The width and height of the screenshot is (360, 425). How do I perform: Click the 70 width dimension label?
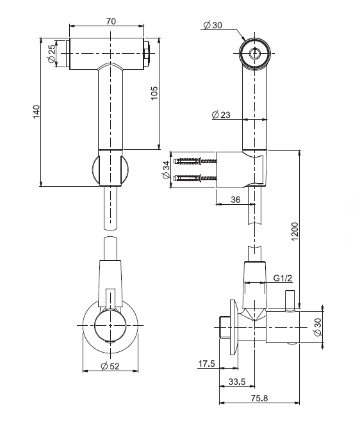pyautogui.click(x=111, y=21)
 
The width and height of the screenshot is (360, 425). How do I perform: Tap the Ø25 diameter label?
pyautogui.click(x=51, y=53)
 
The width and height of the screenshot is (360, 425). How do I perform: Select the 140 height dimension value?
pyautogui.click(x=37, y=111)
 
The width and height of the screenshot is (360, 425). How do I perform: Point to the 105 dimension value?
pyautogui.click(x=154, y=93)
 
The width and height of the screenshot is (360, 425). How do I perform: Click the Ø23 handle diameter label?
pyautogui.click(x=221, y=115)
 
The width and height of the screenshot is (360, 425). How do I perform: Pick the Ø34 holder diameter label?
pyautogui.click(x=166, y=170)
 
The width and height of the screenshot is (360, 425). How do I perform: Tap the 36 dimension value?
pyautogui.click(x=236, y=200)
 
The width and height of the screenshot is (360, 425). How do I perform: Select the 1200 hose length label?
pyautogui.click(x=295, y=231)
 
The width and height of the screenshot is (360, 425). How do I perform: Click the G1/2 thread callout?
pyautogui.click(x=282, y=278)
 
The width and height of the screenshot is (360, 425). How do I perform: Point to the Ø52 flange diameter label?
pyautogui.click(x=110, y=366)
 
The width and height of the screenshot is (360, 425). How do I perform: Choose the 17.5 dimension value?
pyautogui.click(x=206, y=364)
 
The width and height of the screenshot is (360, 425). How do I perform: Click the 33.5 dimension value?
pyautogui.click(x=237, y=381)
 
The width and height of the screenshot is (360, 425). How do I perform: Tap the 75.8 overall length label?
pyautogui.click(x=259, y=398)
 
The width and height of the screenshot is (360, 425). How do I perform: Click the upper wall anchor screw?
pyautogui.click(x=195, y=161)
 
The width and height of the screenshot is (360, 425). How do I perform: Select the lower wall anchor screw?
pyautogui.click(x=195, y=179)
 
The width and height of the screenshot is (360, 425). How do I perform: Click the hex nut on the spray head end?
pyautogui.click(x=147, y=53)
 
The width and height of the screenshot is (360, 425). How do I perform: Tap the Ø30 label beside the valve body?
pyautogui.click(x=318, y=327)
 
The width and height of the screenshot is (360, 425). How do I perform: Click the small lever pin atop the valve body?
pyautogui.click(x=290, y=301)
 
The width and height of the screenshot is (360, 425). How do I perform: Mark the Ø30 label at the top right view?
pyautogui.click(x=213, y=25)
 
